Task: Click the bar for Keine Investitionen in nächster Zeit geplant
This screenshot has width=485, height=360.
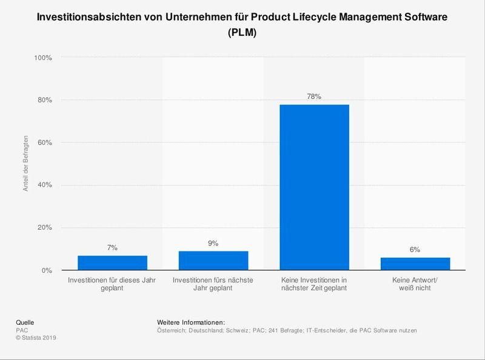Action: click(314, 187)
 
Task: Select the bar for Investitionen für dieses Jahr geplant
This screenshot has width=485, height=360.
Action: click(112, 263)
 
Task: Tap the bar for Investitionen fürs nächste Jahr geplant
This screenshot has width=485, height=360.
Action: click(213, 261)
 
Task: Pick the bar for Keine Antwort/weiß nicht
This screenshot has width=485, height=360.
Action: click(415, 264)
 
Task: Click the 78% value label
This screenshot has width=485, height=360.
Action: click(314, 96)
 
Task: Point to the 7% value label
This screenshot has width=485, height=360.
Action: click(112, 247)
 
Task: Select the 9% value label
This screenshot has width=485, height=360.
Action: click(213, 243)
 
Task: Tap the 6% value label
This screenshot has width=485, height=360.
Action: click(415, 249)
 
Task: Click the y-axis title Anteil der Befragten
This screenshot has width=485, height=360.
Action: click(26, 164)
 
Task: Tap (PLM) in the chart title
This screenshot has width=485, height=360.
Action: click(242, 34)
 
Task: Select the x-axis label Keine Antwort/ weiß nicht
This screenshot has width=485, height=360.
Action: click(415, 284)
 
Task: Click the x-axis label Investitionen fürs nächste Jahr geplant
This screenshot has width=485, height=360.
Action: click(213, 284)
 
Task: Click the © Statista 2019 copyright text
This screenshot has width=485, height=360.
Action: click(36, 338)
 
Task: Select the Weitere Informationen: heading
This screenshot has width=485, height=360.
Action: click(191, 322)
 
